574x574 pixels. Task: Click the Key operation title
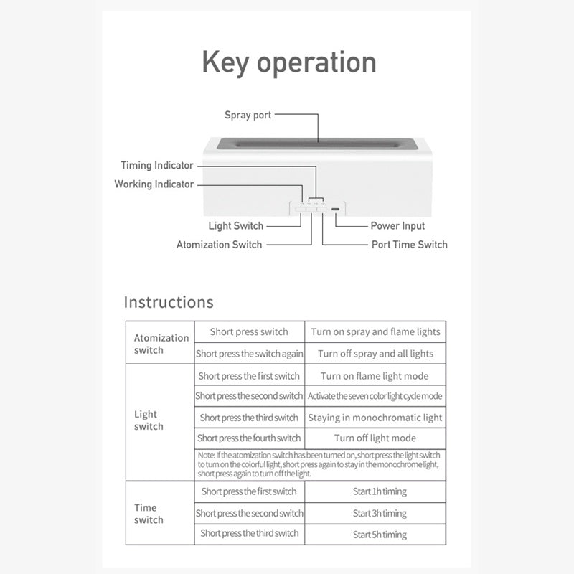click(288, 62)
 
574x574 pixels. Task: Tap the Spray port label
click(248, 115)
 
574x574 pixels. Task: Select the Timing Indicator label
click(157, 165)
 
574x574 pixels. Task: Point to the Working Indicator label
click(154, 184)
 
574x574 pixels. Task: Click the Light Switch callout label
click(236, 226)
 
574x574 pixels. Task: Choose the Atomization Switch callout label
click(219, 245)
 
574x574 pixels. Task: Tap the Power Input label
click(397, 226)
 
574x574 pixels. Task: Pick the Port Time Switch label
click(409, 245)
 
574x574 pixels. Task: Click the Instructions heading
click(169, 302)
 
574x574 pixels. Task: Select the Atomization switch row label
click(161, 344)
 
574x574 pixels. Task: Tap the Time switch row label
click(149, 514)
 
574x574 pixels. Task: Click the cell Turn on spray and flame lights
click(375, 332)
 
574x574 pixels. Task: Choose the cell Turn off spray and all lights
click(375, 354)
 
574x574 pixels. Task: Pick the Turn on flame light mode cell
click(375, 376)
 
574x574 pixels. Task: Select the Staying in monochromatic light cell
click(375, 418)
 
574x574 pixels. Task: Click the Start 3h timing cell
click(380, 514)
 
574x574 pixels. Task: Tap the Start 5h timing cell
click(380, 535)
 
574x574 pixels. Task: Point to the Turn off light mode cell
click(375, 438)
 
